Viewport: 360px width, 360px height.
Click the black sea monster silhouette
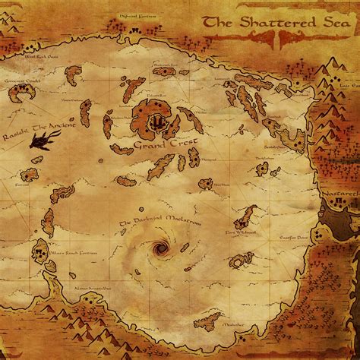(x=39, y=138)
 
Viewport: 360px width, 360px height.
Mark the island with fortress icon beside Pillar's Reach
(x=40, y=251)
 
